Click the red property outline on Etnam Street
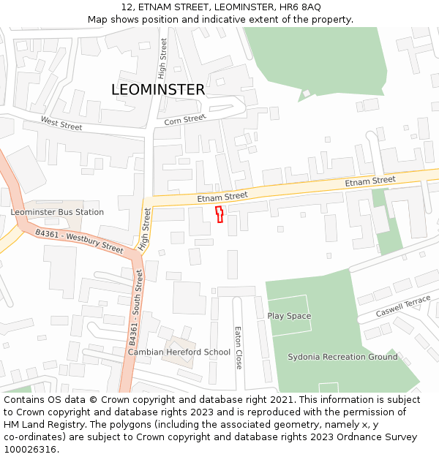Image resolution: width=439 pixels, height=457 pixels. click(x=219, y=214)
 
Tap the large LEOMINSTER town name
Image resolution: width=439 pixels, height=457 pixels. click(x=158, y=90)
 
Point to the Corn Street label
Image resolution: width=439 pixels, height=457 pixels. click(x=185, y=120)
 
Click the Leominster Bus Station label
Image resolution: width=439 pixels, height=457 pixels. click(x=57, y=212)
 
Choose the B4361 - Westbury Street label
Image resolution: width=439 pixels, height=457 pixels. click(x=80, y=241)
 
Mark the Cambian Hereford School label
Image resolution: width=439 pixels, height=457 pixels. click(x=179, y=352)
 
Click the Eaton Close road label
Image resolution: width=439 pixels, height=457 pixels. click(x=238, y=347)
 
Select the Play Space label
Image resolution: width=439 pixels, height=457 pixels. click(x=289, y=316)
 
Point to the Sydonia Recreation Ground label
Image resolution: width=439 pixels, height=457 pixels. click(x=342, y=357)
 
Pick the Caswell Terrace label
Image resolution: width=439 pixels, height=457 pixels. click(x=403, y=306)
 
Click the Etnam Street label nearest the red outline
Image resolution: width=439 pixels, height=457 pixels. click(x=222, y=196)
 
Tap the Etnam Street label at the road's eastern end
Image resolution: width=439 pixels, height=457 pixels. click(x=370, y=181)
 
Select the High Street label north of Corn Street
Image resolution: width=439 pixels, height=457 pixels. click(x=163, y=58)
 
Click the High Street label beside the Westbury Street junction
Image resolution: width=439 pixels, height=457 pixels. click(x=146, y=229)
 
